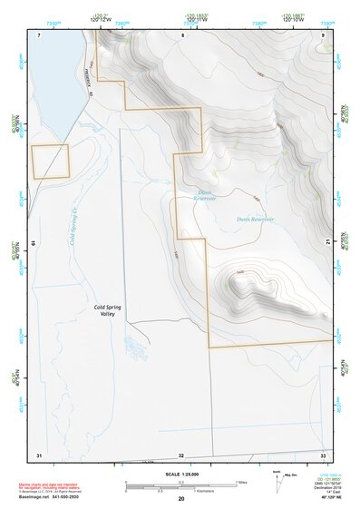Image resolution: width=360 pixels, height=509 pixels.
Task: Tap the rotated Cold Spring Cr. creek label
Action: [x=72, y=220]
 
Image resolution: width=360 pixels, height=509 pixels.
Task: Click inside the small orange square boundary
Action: [x=50, y=162]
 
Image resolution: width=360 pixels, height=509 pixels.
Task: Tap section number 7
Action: [x=39, y=34]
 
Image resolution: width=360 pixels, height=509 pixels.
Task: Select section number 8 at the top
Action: [x=181, y=34]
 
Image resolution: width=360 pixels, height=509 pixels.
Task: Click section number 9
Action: [x=323, y=34]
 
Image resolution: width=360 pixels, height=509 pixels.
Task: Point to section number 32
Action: [x=181, y=455]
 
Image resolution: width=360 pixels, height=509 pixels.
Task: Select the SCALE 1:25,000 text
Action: [x=180, y=475]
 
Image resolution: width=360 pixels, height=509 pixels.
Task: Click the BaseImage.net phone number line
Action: [x=51, y=498]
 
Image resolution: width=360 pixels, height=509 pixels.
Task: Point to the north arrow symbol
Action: [x=277, y=479]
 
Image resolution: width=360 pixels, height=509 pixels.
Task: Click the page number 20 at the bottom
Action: [x=181, y=499]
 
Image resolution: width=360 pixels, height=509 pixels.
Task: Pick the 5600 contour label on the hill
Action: [x=240, y=272]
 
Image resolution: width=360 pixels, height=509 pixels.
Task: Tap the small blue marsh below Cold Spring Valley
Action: [x=136, y=347]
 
